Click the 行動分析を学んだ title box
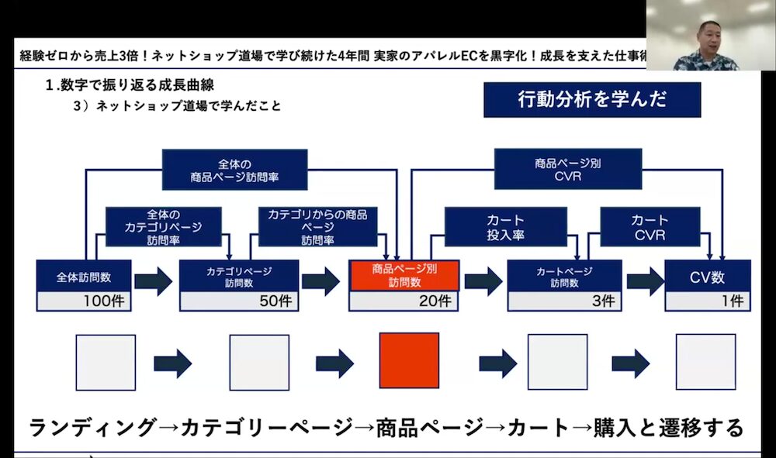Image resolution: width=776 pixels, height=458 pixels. pyautogui.click(x=591, y=100)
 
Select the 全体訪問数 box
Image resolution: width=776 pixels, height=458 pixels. pyautogui.click(x=83, y=277)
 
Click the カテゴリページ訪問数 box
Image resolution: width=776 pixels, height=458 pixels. pyautogui.click(x=238, y=277)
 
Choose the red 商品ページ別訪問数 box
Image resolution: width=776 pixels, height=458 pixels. pyautogui.click(x=404, y=276)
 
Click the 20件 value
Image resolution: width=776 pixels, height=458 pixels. pyautogui.click(x=435, y=301)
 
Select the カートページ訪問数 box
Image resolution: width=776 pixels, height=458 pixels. pyautogui.click(x=564, y=277)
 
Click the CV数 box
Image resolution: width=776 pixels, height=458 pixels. pyautogui.click(x=707, y=277)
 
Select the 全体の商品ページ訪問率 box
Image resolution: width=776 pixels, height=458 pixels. pyautogui.click(x=234, y=170)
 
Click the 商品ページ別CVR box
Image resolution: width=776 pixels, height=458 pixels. pyautogui.click(x=568, y=170)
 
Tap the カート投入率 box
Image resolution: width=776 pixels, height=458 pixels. pyautogui.click(x=505, y=227)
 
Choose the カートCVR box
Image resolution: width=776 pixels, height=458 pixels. pyautogui.click(x=650, y=227)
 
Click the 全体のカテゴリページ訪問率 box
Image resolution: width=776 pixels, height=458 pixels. pyautogui.click(x=163, y=226)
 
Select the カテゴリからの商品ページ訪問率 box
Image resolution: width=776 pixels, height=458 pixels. pyautogui.click(x=317, y=226)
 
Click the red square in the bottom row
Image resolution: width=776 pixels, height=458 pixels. pyautogui.click(x=409, y=361)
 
